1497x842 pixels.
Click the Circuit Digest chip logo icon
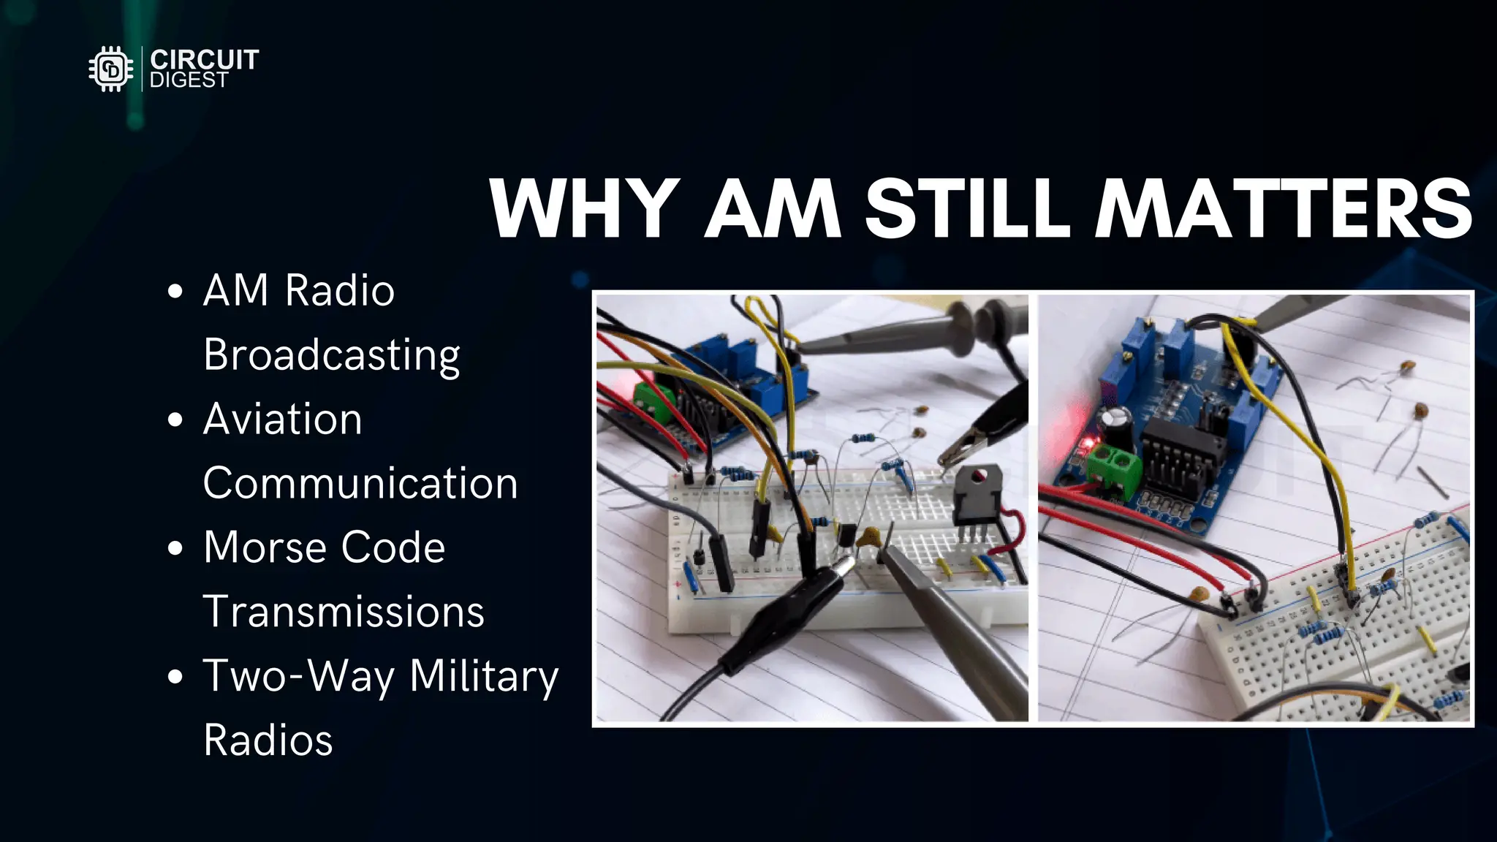pyautogui.click(x=111, y=69)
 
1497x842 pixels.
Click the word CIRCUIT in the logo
pyautogui.click(x=204, y=59)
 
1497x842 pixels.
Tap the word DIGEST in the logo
pyautogui.click(x=189, y=80)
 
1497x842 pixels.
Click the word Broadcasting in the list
pyautogui.click(x=331, y=355)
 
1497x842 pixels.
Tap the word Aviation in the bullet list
pyautogui.click(x=282, y=420)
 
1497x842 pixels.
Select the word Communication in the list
pyautogui.click(x=360, y=483)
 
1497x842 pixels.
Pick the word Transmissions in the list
pyautogui.click(x=344, y=612)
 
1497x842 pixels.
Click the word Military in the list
pyautogui.click(x=483, y=676)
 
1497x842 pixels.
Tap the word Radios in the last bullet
pyautogui.click(x=268, y=740)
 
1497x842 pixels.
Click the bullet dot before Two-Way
pyautogui.click(x=175, y=677)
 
